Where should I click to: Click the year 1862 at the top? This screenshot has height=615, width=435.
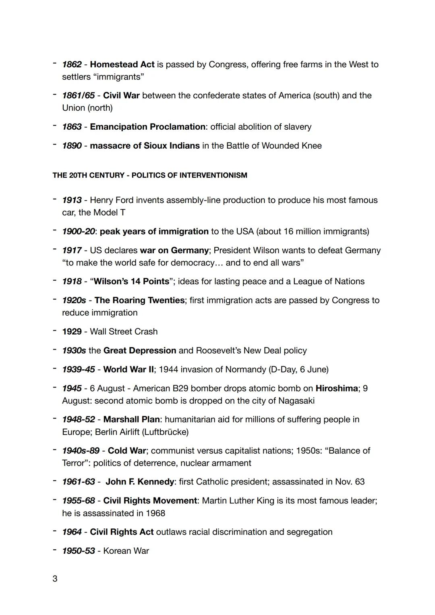(x=72, y=64)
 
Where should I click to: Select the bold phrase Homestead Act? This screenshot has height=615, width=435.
(x=122, y=64)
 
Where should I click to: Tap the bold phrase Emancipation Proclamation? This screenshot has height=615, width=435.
(x=147, y=127)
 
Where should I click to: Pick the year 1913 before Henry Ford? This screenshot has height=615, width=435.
(x=72, y=200)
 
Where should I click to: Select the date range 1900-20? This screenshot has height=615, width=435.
(x=78, y=232)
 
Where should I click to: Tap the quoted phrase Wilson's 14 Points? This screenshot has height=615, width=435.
(x=131, y=282)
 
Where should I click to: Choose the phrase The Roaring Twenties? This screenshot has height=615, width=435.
(x=139, y=300)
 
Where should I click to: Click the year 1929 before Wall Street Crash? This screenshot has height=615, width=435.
(x=72, y=331)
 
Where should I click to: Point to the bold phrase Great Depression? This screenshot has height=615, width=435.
(x=139, y=350)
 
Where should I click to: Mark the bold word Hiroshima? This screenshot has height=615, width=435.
(x=336, y=388)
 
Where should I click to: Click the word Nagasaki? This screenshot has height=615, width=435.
(x=296, y=401)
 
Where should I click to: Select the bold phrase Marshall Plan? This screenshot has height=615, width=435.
(x=131, y=419)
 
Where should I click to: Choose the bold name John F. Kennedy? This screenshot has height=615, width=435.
(x=140, y=482)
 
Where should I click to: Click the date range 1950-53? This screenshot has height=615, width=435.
(x=78, y=551)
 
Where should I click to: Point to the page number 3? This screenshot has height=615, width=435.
(x=55, y=579)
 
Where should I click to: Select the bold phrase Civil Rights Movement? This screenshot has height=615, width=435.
(x=150, y=501)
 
